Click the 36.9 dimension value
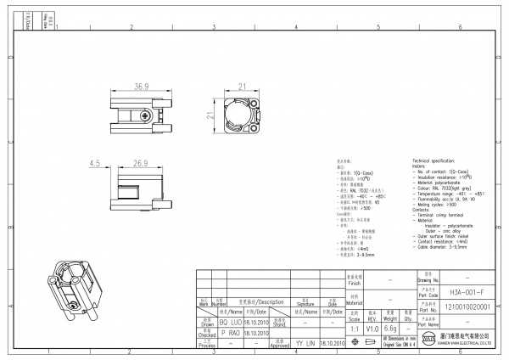click(141, 87)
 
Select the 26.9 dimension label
click(140, 163)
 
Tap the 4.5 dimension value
click(94, 163)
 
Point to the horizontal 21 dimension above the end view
click(242, 87)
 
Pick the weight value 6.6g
click(391, 327)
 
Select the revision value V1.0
click(372, 327)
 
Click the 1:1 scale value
click(354, 327)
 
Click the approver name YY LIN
click(305, 343)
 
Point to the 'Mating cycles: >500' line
click(436, 205)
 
